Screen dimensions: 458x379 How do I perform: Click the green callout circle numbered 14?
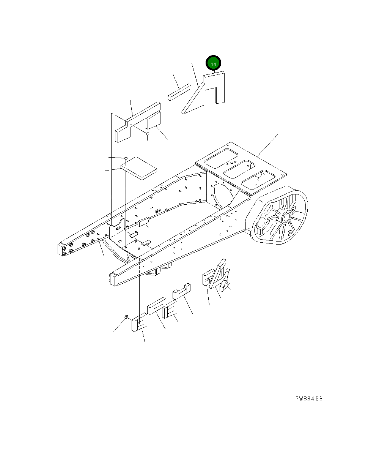[213, 64]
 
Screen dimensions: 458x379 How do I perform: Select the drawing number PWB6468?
[309, 399]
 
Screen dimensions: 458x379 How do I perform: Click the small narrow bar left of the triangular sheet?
[179, 93]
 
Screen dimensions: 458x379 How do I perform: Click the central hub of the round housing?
[286, 217]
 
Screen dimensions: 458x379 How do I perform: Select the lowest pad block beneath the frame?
[139, 323]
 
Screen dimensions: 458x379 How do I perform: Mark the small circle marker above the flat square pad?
[126, 158]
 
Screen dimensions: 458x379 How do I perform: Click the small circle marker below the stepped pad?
[148, 134]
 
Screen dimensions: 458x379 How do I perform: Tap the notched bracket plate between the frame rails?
[118, 228]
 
